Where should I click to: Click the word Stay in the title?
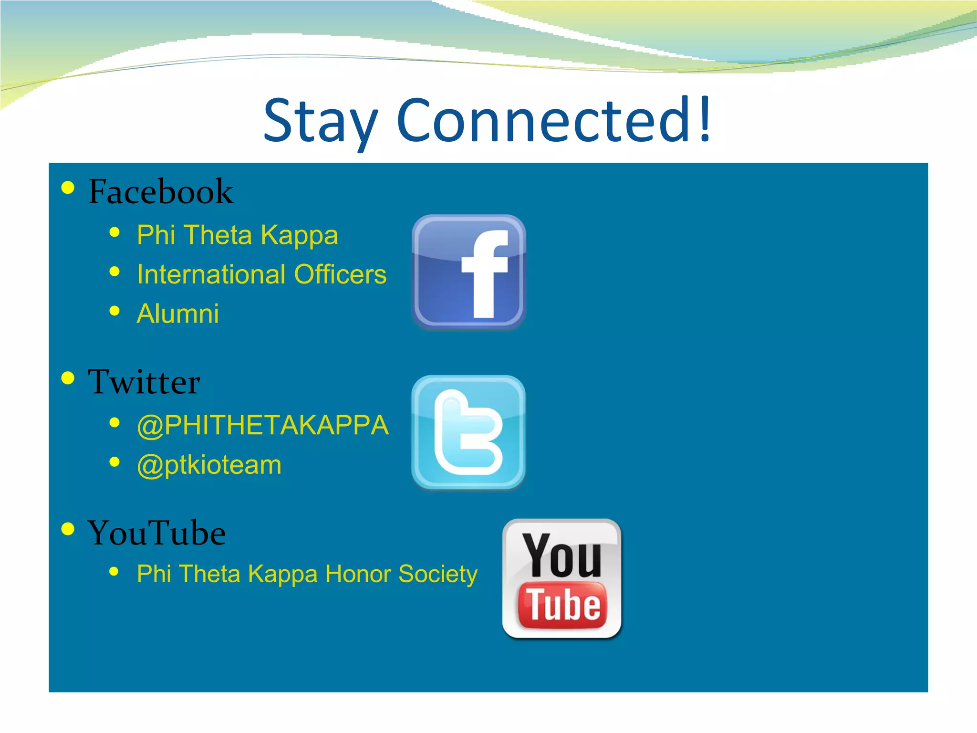click(x=321, y=122)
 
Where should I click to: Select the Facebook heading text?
click(x=161, y=192)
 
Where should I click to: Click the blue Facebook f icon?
click(x=469, y=272)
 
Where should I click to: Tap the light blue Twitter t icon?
click(x=468, y=432)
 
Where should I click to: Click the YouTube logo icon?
click(x=562, y=578)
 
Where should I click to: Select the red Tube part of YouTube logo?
click(x=563, y=605)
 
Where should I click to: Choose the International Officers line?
click(x=261, y=274)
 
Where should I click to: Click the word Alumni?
click(x=178, y=314)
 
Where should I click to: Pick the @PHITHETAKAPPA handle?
click(x=263, y=425)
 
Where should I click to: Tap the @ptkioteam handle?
click(x=209, y=465)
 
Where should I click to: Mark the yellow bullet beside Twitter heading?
click(x=68, y=378)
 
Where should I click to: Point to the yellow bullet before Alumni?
click(x=114, y=311)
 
